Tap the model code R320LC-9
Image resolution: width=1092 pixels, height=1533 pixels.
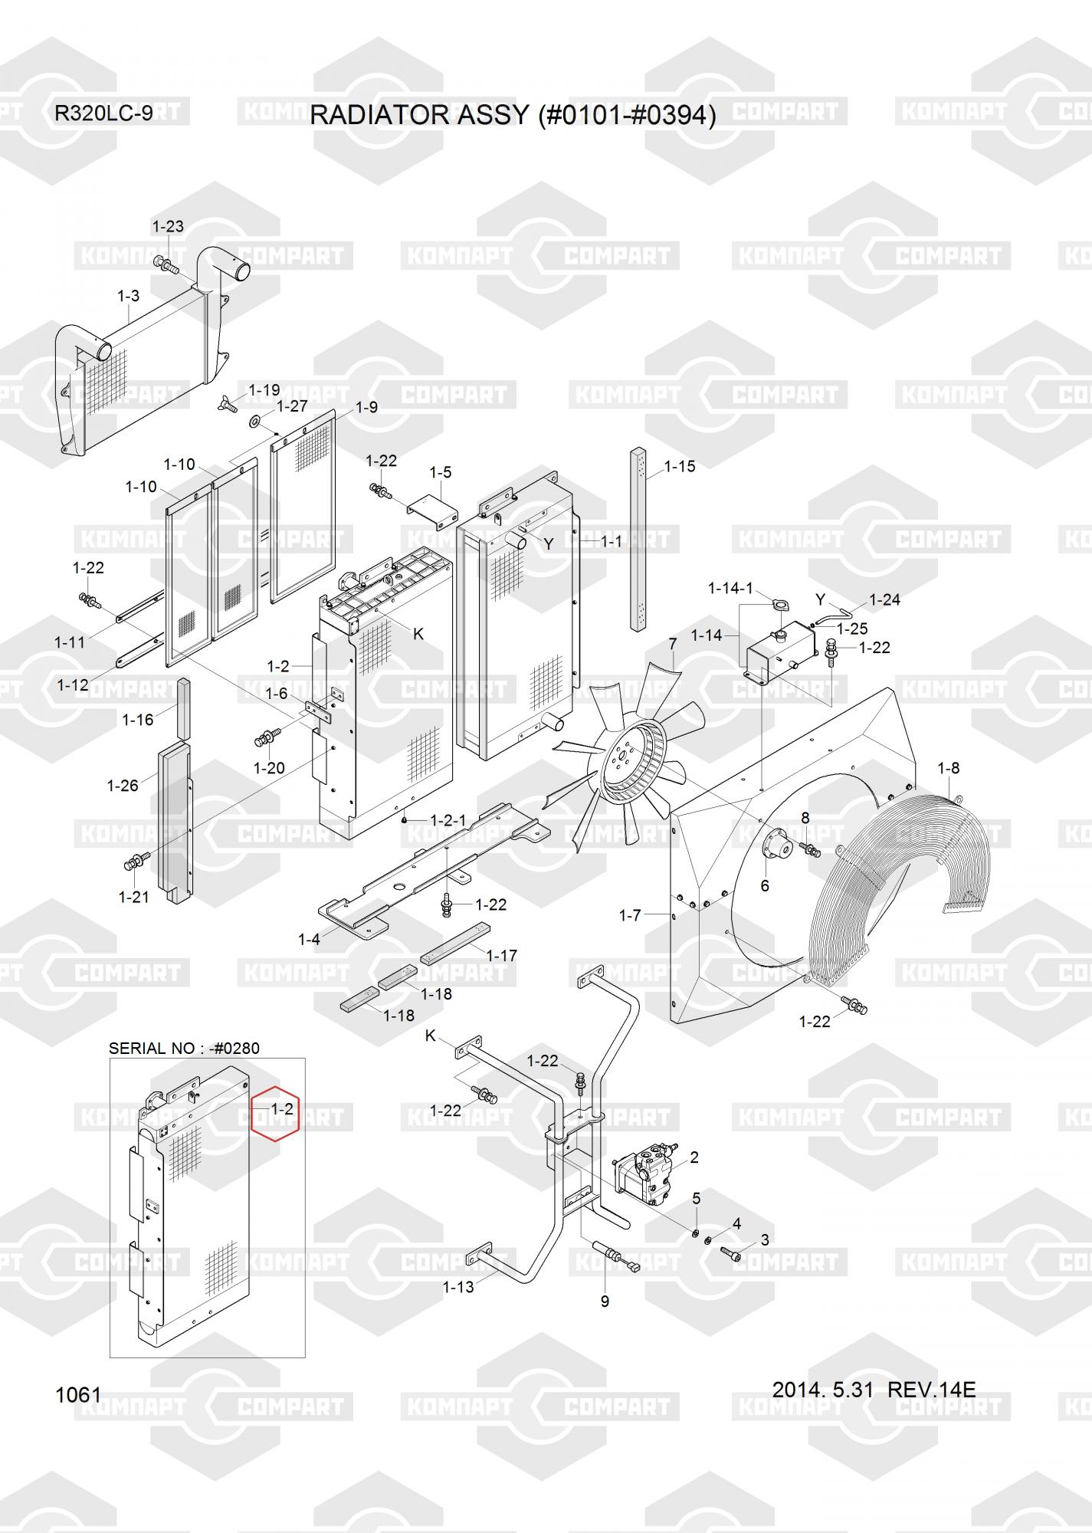pos(103,113)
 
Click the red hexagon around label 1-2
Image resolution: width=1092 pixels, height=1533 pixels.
pos(275,1114)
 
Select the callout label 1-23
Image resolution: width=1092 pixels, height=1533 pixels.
pos(168,226)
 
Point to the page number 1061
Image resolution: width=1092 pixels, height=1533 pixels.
pos(78,1395)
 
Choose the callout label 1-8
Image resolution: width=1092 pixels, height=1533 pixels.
pos(949,768)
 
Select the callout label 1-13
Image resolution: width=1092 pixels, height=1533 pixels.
pos(458,1287)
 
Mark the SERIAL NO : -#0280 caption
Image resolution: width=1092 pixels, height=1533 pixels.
pos(184,1049)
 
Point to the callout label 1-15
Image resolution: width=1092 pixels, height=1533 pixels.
pos(680,466)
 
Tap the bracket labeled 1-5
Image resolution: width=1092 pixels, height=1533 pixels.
pos(433,512)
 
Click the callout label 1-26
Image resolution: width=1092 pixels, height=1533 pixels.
pos(123,786)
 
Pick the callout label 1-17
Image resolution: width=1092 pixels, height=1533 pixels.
pos(502,955)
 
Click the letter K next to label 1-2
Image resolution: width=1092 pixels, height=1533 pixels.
pos(418,634)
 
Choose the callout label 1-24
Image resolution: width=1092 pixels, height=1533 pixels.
pos(884,599)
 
